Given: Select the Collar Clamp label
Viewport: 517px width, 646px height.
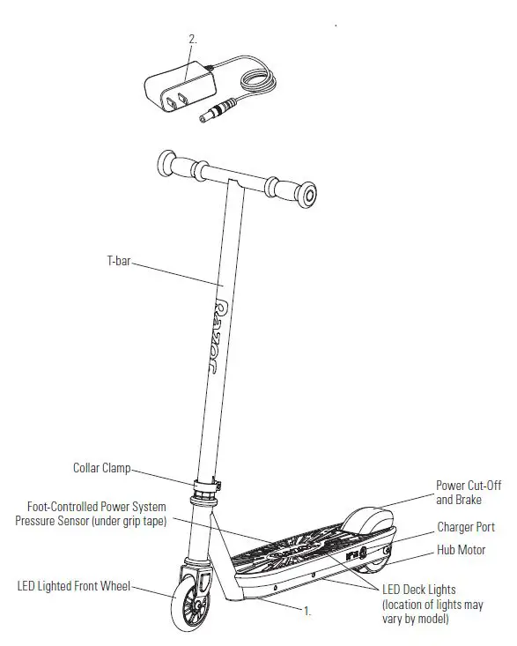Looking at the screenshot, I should tap(102, 468).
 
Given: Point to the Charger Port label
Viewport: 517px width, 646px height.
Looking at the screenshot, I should tap(466, 527).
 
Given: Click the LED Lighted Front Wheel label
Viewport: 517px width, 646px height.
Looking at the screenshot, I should tap(73, 585).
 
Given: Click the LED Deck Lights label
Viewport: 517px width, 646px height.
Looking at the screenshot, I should tap(418, 588).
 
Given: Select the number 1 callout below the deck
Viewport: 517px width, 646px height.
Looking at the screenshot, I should tap(307, 610).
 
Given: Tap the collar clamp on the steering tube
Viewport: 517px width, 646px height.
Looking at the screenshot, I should tap(204, 485).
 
